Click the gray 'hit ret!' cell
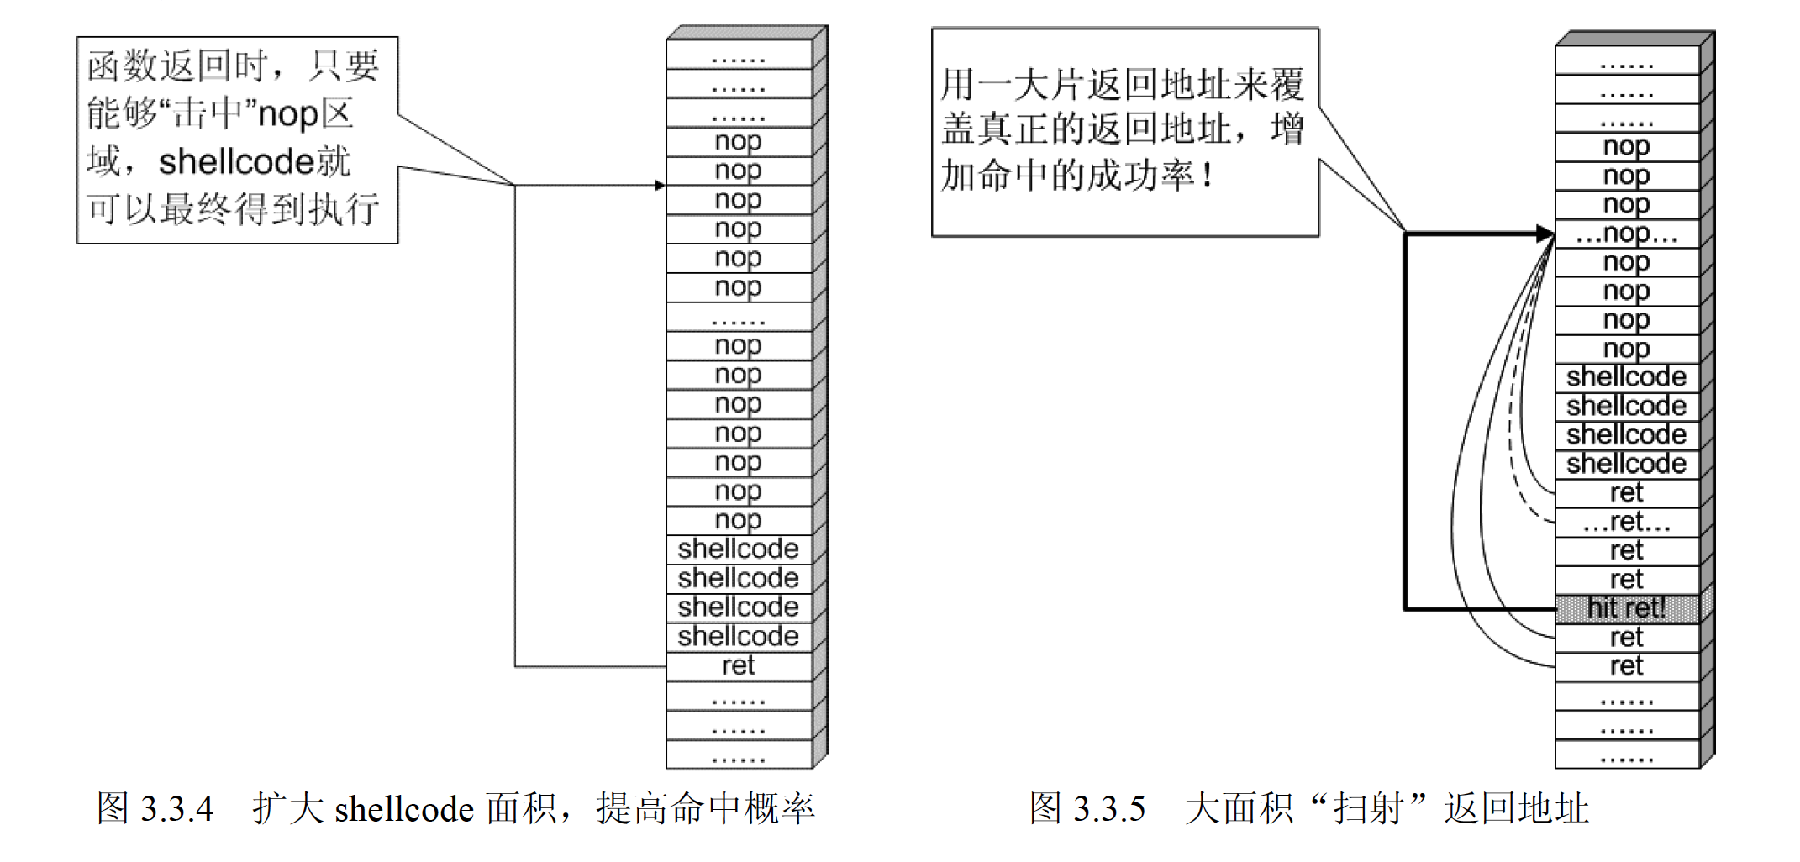click(1626, 607)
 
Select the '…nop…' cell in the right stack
click(1626, 234)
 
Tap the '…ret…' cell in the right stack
click(1626, 522)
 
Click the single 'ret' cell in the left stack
click(738, 666)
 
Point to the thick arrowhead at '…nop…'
click(1545, 234)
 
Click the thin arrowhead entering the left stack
click(661, 185)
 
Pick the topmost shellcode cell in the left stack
click(738, 549)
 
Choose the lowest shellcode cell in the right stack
click(1626, 464)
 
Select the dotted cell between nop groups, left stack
click(738, 318)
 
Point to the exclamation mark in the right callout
click(1208, 176)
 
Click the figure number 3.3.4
click(176, 809)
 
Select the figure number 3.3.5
click(1109, 809)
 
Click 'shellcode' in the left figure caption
click(404, 809)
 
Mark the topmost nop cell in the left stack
click(738, 141)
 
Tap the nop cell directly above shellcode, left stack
click(738, 520)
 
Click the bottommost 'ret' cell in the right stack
click(1626, 666)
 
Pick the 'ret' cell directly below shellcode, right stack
click(1626, 492)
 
